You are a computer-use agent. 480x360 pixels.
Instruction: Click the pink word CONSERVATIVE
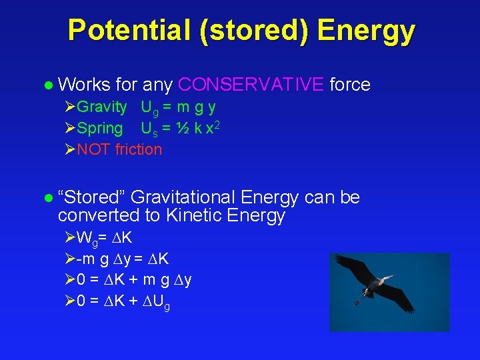pyautogui.click(x=252, y=85)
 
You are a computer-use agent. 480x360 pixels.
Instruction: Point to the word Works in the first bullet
pyautogui.click(x=83, y=85)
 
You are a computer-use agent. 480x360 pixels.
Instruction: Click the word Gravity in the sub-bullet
pyautogui.click(x=101, y=107)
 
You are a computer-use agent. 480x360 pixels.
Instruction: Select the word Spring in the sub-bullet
pyautogui.click(x=100, y=128)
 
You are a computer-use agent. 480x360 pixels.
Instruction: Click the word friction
pyautogui.click(x=139, y=149)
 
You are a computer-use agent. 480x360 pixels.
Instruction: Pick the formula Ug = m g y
pyautogui.click(x=178, y=107)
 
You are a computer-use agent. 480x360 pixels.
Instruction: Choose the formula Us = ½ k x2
pyautogui.click(x=180, y=128)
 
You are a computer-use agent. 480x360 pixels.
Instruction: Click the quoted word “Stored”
pyautogui.click(x=91, y=197)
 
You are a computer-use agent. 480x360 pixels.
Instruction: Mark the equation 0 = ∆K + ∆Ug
pyautogui.click(x=123, y=301)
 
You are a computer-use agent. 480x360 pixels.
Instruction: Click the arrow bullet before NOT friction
pyautogui.click(x=71, y=149)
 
